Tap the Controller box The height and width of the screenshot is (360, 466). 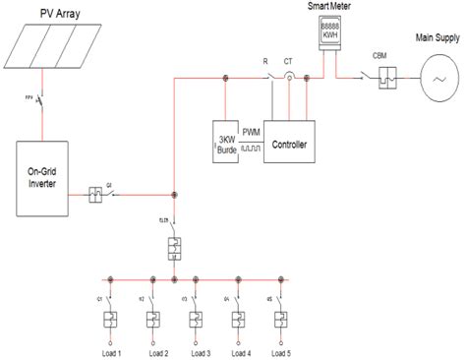pos(289,145)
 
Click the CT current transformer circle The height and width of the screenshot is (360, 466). pos(289,76)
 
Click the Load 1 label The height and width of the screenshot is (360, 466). pos(110,351)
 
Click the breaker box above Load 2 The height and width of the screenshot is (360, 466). pos(153,320)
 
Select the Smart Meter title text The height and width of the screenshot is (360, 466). pos(325,7)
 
